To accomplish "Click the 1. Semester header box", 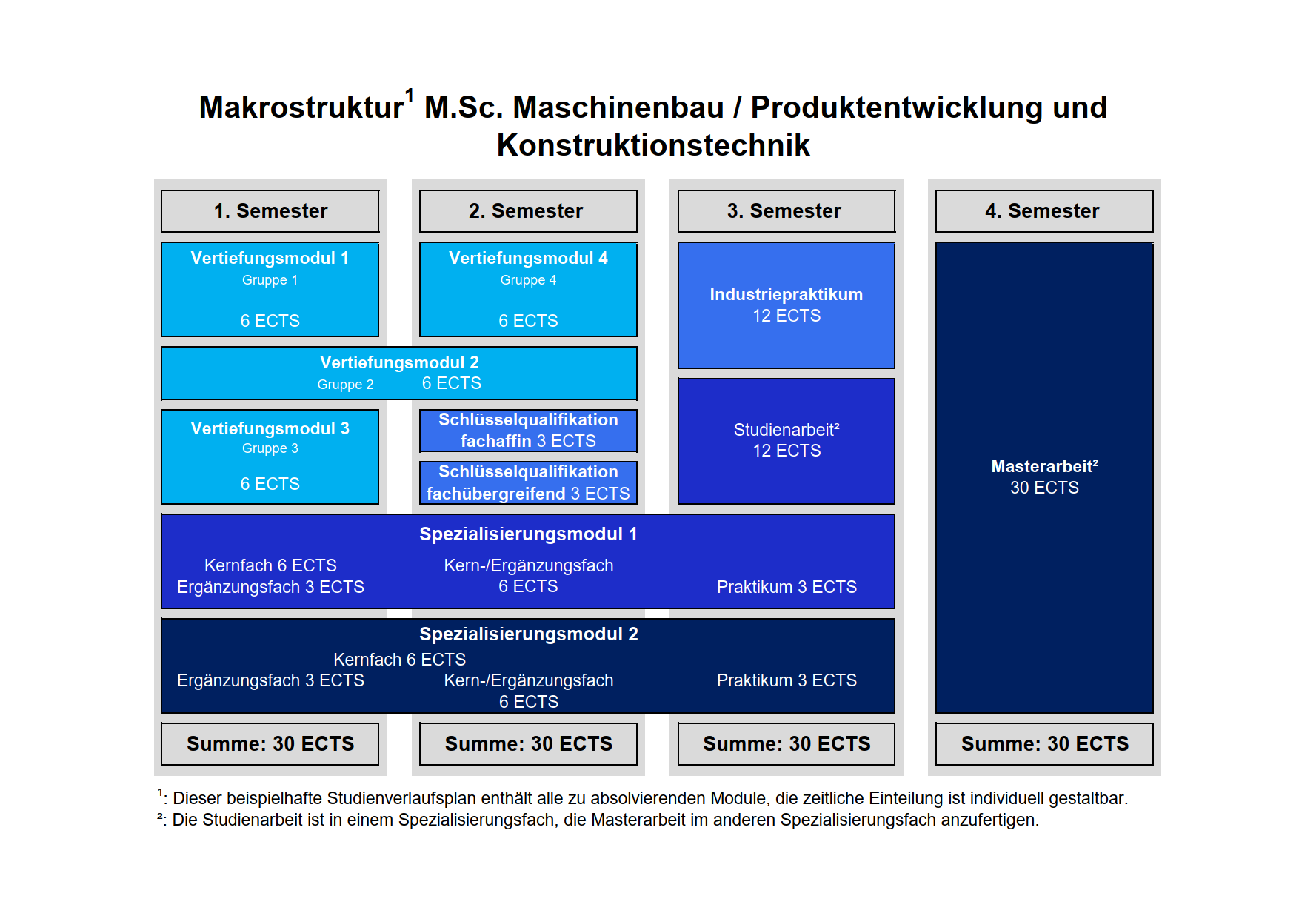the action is [270, 211].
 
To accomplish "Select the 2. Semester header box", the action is [528, 211].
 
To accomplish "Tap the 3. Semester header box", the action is [787, 211].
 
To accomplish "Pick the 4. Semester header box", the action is [1044, 211].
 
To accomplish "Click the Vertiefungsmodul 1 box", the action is [270, 290].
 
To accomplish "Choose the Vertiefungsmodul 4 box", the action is [528, 290].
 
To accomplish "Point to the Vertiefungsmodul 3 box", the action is [270, 457].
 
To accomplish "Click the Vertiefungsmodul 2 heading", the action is [399, 362].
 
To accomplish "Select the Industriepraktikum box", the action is [787, 305].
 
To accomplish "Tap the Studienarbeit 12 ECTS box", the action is [787, 441].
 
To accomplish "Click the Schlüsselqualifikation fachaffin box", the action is [528, 431].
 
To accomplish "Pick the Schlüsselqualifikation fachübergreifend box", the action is [528, 482].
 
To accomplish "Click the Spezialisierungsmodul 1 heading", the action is [528, 534].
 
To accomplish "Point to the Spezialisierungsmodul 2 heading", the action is [529, 634].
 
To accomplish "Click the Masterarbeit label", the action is [1044, 466].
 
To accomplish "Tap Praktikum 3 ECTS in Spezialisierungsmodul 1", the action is [787, 587].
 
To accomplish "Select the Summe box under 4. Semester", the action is [1044, 744].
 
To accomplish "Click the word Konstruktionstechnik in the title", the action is [653, 145].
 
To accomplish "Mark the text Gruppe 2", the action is [345, 385].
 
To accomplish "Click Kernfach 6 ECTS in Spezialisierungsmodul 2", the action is [399, 660].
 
